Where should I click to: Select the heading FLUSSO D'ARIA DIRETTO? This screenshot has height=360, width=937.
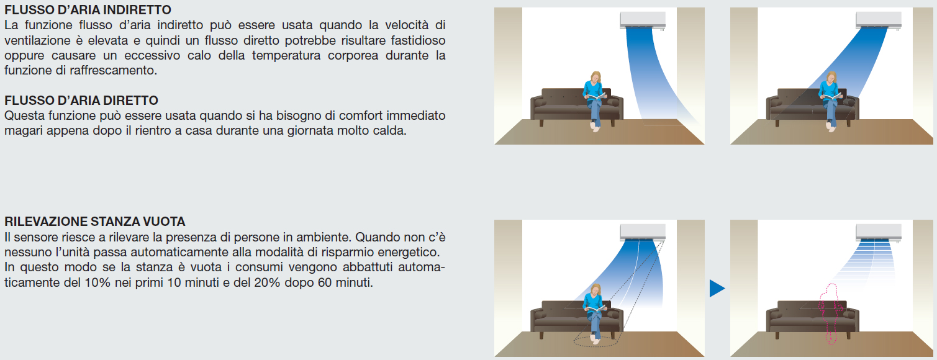click(x=81, y=101)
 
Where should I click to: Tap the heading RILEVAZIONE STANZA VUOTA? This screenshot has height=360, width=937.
click(x=95, y=222)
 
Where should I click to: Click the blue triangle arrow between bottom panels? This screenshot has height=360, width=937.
click(x=717, y=288)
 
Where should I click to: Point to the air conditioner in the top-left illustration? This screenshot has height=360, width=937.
click(x=643, y=20)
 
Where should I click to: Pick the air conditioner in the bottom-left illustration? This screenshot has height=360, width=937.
click(x=643, y=232)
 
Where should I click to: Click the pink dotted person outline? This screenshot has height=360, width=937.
click(x=831, y=313)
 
